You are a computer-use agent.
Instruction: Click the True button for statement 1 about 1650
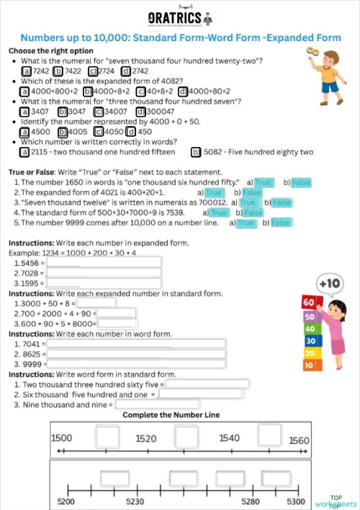[x=263, y=183]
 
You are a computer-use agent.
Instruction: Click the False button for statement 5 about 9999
[x=280, y=223]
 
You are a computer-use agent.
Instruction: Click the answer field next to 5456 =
[x=104, y=264]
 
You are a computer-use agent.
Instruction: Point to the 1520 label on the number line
[x=147, y=438]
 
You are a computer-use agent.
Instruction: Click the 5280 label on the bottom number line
[x=251, y=501]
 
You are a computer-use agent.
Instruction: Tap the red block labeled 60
[x=310, y=302]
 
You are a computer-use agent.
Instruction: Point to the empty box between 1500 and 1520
[x=107, y=437]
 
